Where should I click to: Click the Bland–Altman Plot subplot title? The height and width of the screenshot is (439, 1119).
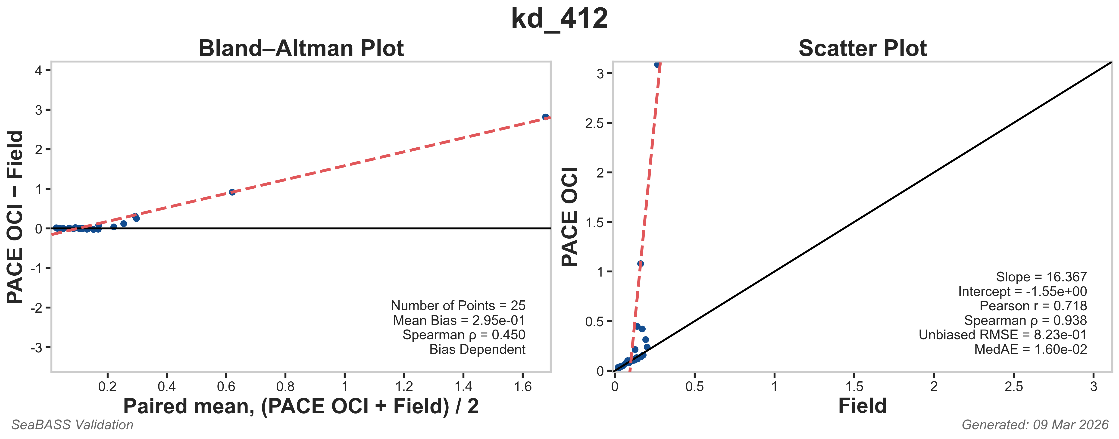tap(301, 48)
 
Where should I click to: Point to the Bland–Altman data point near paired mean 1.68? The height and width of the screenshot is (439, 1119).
tap(546, 117)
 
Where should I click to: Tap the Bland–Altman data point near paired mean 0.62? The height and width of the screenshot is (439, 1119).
tap(232, 192)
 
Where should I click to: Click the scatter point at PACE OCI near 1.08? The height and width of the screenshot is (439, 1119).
tap(640, 264)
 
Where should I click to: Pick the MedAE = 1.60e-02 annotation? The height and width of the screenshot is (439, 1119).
tap(1030, 349)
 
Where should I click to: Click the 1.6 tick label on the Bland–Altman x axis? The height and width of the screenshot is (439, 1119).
tap(522, 386)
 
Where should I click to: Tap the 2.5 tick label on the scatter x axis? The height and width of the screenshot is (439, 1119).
tap(1013, 386)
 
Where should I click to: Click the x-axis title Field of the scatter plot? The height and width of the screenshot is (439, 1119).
tap(862, 406)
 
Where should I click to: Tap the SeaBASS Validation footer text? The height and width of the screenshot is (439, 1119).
tap(72, 425)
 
